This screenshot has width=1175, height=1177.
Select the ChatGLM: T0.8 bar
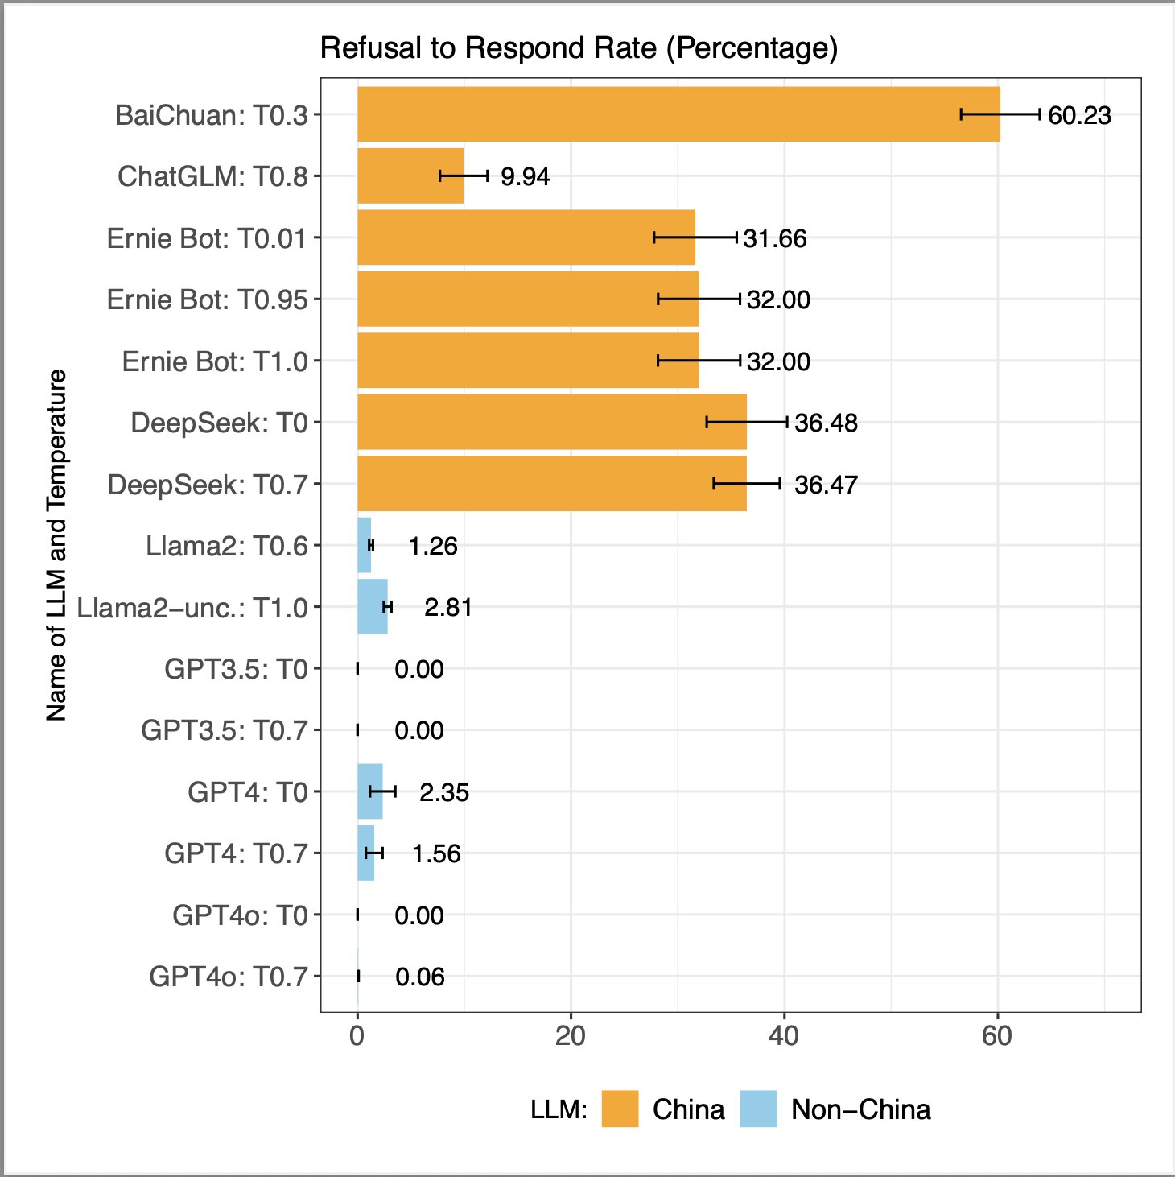[410, 176]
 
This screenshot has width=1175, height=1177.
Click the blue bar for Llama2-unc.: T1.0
[372, 606]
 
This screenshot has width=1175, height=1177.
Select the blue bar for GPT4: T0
[369, 791]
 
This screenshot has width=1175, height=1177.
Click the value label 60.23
[1079, 115]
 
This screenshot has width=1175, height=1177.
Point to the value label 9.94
[525, 176]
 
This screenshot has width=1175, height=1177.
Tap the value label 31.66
[774, 238]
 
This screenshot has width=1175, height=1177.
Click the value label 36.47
[826, 485]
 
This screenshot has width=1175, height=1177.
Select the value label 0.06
[420, 977]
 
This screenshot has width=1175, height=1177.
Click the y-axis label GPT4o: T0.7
[229, 977]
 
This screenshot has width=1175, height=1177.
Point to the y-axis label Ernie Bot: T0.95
[208, 299]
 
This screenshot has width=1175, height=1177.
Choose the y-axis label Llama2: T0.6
[227, 546]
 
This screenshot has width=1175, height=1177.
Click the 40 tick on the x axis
[783, 1035]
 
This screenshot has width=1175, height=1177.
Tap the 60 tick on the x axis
[997, 1035]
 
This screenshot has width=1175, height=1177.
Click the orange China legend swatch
[620, 1109]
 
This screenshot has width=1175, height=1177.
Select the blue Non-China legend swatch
[758, 1109]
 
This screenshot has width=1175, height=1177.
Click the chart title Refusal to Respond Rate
[579, 48]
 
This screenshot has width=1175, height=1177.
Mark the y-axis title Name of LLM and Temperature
[56, 545]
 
